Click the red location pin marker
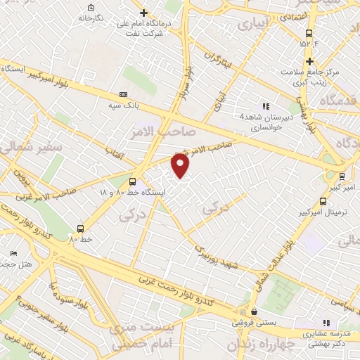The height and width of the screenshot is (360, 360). point(181,165)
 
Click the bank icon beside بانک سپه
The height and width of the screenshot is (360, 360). point(124,94)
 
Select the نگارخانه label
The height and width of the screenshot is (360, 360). point(91,17)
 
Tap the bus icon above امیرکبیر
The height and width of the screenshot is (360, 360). point(341,176)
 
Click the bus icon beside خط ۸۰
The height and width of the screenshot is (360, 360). point(81,229)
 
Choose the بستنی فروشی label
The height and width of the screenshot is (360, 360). point(254,323)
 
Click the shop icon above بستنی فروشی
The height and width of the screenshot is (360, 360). point(254,311)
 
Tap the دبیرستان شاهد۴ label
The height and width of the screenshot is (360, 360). point(260,117)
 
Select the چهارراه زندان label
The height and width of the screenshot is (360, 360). point(255,346)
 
